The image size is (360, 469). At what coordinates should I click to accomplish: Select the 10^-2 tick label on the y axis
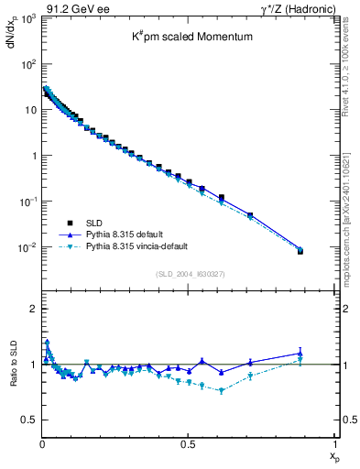[27, 247]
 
